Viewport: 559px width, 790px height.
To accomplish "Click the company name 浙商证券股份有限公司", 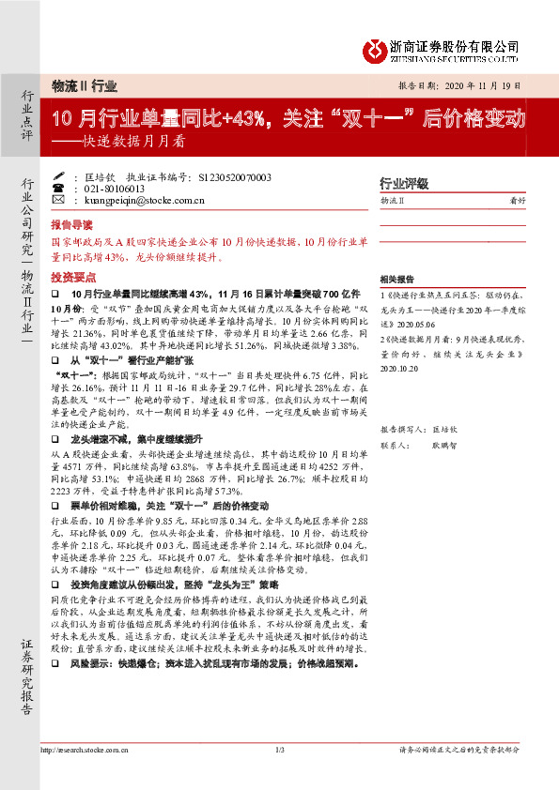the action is click(455, 44).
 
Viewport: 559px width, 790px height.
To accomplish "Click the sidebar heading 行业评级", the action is click(403, 183).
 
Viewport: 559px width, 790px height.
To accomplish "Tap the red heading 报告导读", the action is click(71, 226).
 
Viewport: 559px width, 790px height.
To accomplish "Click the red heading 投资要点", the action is click(71, 279).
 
